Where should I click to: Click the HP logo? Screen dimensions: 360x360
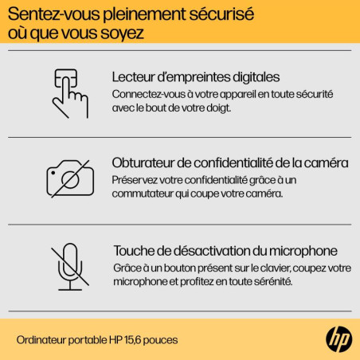coord(339,339)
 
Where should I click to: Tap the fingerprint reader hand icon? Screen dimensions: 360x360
coord(70,93)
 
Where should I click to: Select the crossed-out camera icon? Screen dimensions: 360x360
coord(70,178)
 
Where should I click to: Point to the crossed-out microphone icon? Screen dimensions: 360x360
coord(70,267)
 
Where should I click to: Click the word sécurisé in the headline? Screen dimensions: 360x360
coord(221,14)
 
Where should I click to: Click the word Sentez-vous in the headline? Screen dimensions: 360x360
coord(54,14)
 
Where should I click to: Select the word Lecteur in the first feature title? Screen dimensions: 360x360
coord(133,77)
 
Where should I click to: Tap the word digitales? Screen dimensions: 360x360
coord(256,77)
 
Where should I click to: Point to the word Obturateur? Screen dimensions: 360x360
coord(143,162)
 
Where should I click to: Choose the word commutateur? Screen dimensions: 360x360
coord(143,194)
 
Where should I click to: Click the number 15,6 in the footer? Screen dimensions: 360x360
coord(132,340)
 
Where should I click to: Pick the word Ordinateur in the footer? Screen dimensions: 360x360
coord(41,340)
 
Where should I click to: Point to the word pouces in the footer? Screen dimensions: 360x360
coord(160,341)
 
